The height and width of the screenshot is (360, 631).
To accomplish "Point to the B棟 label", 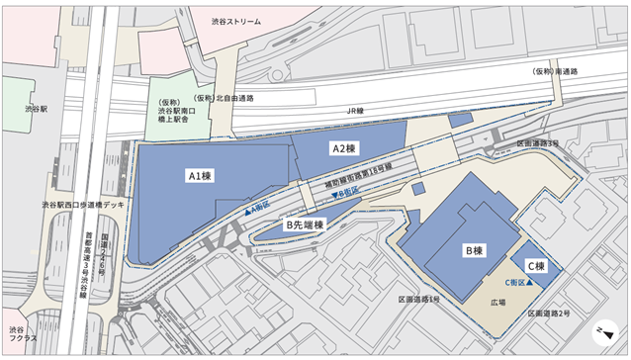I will [x=473, y=251].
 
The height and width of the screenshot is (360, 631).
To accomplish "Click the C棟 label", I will [x=535, y=266].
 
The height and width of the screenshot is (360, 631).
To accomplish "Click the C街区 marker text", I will [x=518, y=283].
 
